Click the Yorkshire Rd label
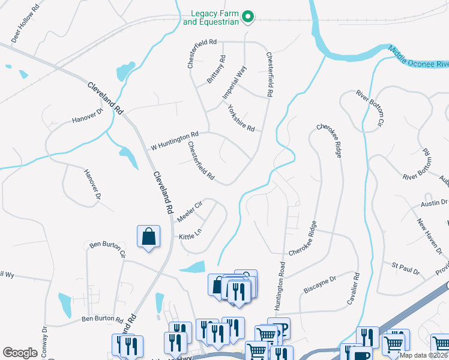coord(241,119)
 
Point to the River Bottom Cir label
coord(369,109)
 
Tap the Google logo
coord(20,352)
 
